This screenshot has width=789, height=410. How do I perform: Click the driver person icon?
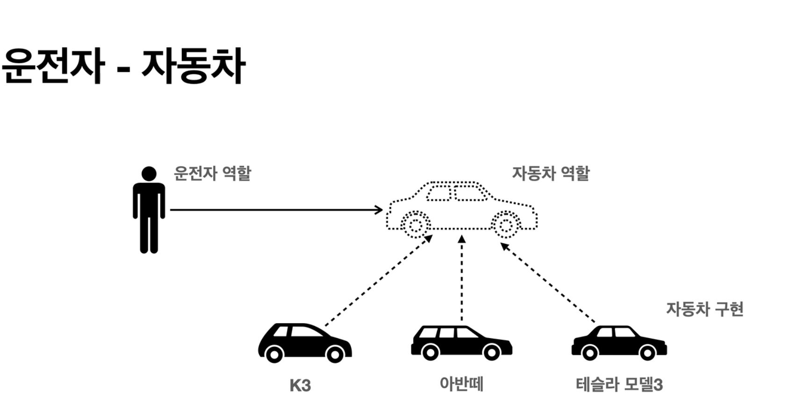tap(149, 210)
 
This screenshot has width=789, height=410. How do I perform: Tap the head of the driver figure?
tap(149, 174)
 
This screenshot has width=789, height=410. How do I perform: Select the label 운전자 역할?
tap(212, 173)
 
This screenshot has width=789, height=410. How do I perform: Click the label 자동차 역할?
tap(551, 173)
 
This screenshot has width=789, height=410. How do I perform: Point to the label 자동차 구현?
tap(704, 309)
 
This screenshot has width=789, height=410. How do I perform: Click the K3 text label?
tap(300, 386)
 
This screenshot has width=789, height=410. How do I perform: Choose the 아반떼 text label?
tap(461, 384)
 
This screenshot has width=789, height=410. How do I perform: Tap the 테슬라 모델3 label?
tap(619, 385)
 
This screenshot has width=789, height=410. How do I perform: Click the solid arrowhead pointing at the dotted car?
tap(379, 210)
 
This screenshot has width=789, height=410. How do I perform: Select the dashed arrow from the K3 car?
tap(378, 281)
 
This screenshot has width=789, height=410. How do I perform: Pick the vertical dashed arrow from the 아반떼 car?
tap(462, 280)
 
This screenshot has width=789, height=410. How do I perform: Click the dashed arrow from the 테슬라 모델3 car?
tap(548, 283)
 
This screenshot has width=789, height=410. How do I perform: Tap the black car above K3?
tap(305, 343)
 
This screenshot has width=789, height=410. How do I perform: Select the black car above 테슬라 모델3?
tap(619, 343)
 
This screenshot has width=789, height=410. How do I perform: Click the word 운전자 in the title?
tap(52, 66)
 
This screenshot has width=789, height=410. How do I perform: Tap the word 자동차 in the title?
tap(193, 66)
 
